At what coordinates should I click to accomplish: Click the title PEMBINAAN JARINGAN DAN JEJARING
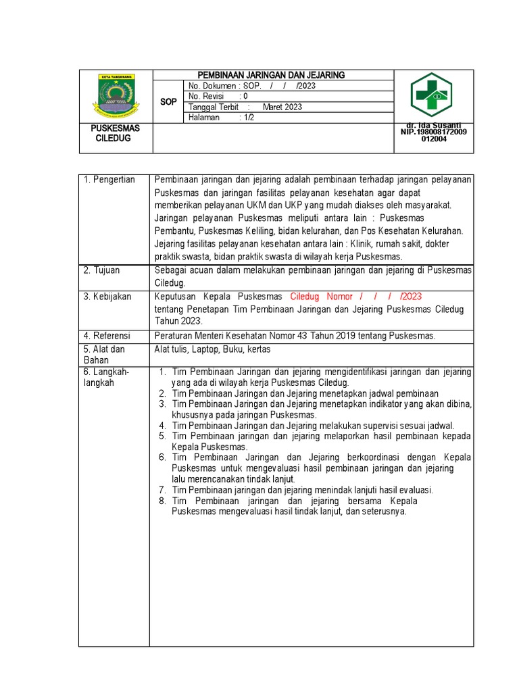click(x=270, y=74)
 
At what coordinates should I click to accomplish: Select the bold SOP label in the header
click(x=168, y=101)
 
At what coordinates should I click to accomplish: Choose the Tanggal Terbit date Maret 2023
click(x=282, y=107)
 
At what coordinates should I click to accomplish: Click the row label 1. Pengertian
click(x=109, y=180)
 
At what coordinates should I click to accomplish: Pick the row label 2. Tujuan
click(x=102, y=270)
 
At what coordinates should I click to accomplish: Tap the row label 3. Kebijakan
click(x=107, y=297)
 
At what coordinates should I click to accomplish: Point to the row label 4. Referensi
click(x=107, y=336)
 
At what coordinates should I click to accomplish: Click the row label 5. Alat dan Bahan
click(x=105, y=355)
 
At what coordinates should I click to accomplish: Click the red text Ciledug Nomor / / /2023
click(x=355, y=297)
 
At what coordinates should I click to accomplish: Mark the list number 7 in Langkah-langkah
click(x=162, y=490)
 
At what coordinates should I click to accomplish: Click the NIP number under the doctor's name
click(x=433, y=135)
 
